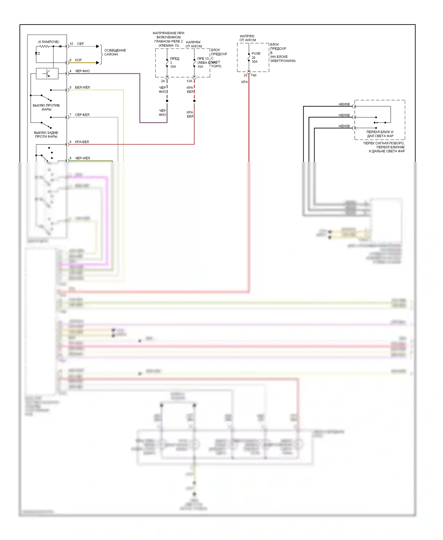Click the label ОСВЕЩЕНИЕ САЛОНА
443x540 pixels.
(x=115, y=52)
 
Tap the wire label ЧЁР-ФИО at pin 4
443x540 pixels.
(x=82, y=71)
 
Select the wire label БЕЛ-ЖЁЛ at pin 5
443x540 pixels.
(x=82, y=87)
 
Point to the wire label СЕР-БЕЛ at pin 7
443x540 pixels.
(x=82, y=115)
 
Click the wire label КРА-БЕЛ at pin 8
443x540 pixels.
(x=82, y=142)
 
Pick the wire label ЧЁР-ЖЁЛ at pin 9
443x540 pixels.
(x=82, y=158)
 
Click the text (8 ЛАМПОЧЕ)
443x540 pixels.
(x=48, y=42)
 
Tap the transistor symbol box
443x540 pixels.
(x=47, y=74)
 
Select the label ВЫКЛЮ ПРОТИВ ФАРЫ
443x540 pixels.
(x=46, y=107)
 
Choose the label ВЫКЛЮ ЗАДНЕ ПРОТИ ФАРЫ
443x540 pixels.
(x=46, y=134)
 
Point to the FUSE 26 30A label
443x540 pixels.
(x=255, y=58)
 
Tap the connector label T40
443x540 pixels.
(x=253, y=75)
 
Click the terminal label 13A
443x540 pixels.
(x=189, y=81)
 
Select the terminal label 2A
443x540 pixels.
(x=163, y=81)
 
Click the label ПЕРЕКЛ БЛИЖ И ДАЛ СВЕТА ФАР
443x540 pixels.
(x=380, y=134)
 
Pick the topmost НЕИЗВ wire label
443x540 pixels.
(x=344, y=104)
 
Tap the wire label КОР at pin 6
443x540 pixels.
(x=78, y=60)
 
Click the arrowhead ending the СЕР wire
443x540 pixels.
(x=98, y=46)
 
